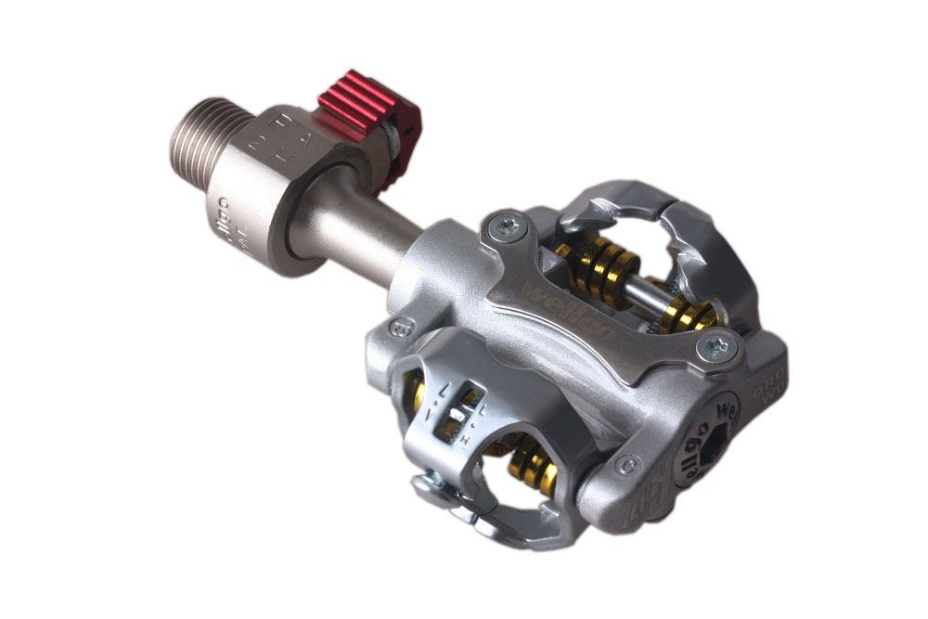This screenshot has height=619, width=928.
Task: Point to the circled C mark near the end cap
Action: [629, 459]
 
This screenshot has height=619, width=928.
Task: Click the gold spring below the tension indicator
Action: [535, 464]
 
